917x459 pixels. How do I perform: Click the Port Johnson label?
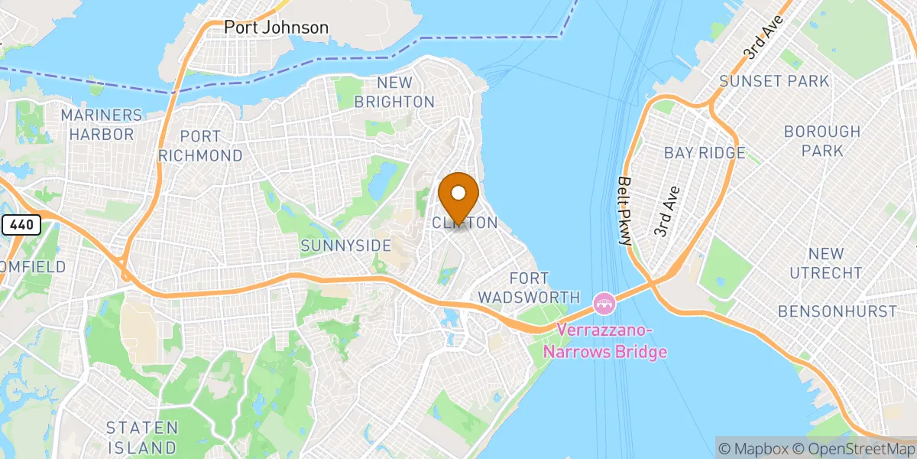point(276,28)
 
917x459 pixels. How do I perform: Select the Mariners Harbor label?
point(102,125)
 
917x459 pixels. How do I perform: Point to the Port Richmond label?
point(200,145)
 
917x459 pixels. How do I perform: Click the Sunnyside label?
point(346,246)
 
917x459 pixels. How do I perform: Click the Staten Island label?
point(142,437)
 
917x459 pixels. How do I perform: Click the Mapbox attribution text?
point(752,449)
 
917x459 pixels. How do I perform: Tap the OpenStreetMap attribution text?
point(854,449)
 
